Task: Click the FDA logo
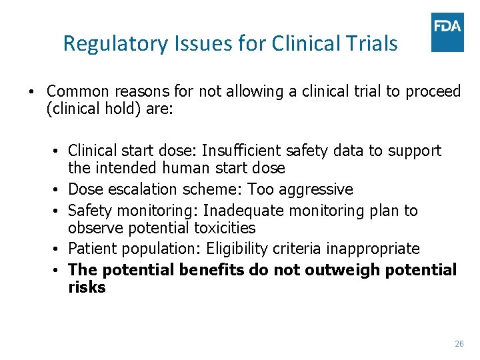(447, 31)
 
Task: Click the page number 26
(459, 343)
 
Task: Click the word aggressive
(319, 189)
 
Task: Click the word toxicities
(224, 228)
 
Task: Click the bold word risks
(87, 287)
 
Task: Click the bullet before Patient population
(60, 249)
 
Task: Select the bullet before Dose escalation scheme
(60, 190)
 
